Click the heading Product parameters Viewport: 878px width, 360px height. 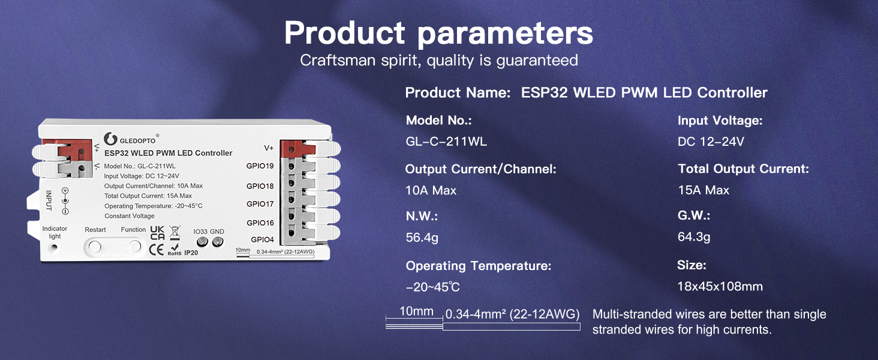(x=438, y=33)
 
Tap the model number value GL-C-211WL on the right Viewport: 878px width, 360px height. (x=446, y=142)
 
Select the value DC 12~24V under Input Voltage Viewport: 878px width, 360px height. (x=711, y=142)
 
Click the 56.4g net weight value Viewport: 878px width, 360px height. (x=422, y=238)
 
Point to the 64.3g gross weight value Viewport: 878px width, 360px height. (x=694, y=237)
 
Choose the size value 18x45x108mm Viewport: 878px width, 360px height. (x=720, y=286)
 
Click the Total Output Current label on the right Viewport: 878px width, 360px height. (x=743, y=169)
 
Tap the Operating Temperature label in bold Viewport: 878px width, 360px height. (x=478, y=265)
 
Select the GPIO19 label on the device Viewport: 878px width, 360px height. (x=260, y=166)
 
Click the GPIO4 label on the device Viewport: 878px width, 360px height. (x=262, y=239)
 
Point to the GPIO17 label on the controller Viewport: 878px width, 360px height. (x=260, y=204)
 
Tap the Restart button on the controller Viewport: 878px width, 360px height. (x=94, y=246)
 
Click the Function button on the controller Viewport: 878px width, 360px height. (x=133, y=246)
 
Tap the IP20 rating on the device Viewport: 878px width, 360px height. (x=191, y=253)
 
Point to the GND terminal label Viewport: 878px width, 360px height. (x=217, y=232)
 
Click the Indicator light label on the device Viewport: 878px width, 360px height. (x=55, y=232)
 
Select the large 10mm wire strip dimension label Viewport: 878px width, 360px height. (x=416, y=311)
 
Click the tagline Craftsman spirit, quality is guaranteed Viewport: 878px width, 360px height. (x=438, y=60)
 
